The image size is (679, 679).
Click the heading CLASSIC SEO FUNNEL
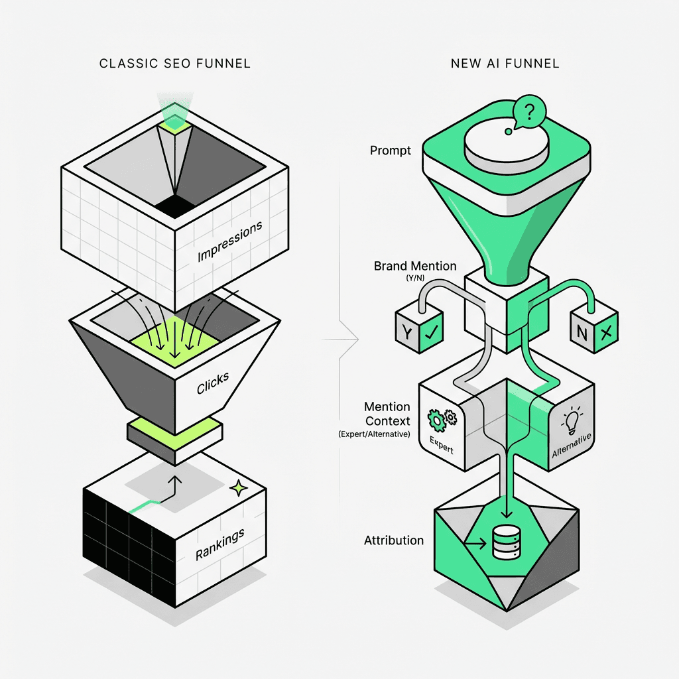[x=174, y=64]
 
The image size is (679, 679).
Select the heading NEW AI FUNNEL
[x=505, y=64]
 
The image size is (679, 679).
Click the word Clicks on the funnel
[x=213, y=384]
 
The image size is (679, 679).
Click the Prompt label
[x=391, y=151]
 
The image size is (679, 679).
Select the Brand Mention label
[x=415, y=266]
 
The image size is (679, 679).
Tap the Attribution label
[x=394, y=540]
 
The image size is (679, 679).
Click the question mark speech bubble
[x=529, y=111]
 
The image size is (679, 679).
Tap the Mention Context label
[x=387, y=414]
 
